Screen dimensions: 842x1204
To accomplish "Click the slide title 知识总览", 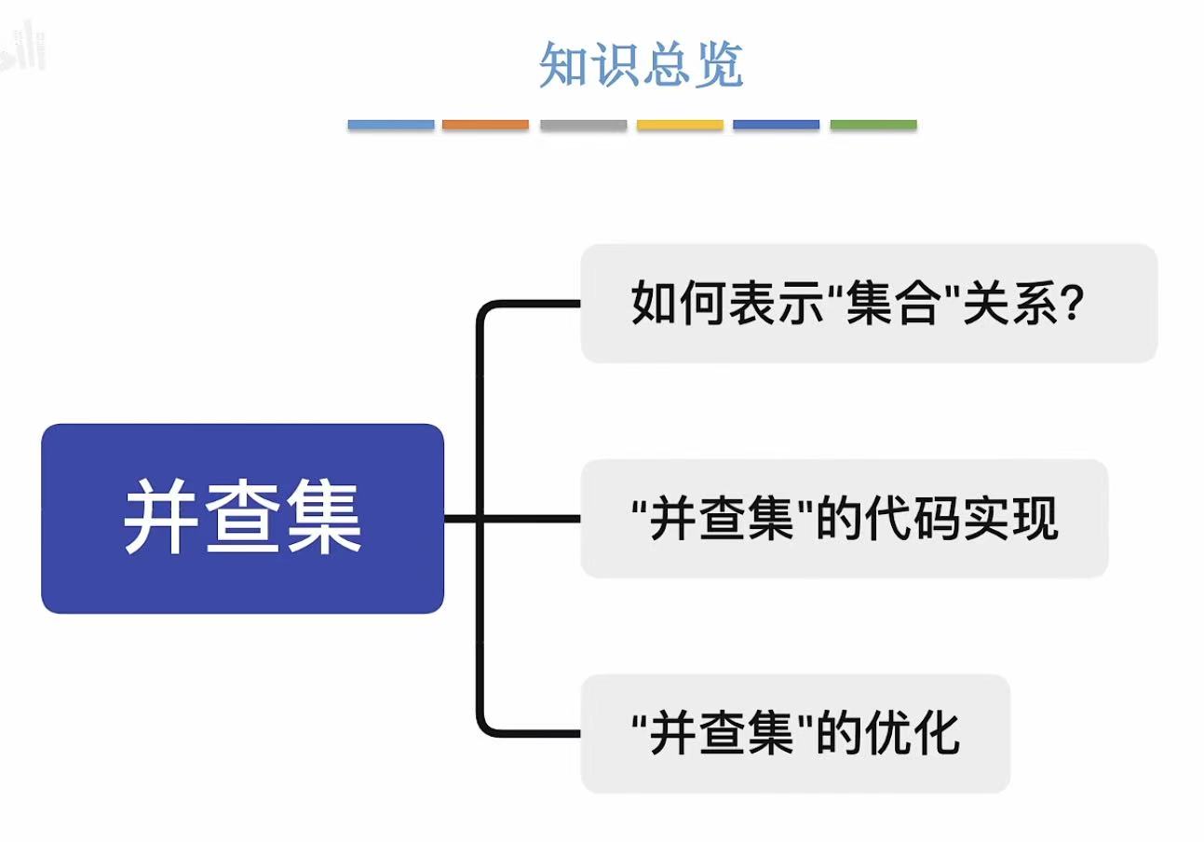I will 642,65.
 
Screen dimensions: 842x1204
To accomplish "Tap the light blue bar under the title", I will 391,124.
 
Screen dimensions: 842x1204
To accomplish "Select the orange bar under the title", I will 485,124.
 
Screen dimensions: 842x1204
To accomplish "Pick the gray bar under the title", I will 583,124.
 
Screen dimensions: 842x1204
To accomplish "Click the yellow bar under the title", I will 680,124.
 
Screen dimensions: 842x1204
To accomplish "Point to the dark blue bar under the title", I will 776,124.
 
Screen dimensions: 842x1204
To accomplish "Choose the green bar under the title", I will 873,124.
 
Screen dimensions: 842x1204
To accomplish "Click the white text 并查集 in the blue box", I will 242,519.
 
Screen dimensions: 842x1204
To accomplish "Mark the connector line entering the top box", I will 535,304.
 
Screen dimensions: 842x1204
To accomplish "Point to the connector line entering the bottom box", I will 535,733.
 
